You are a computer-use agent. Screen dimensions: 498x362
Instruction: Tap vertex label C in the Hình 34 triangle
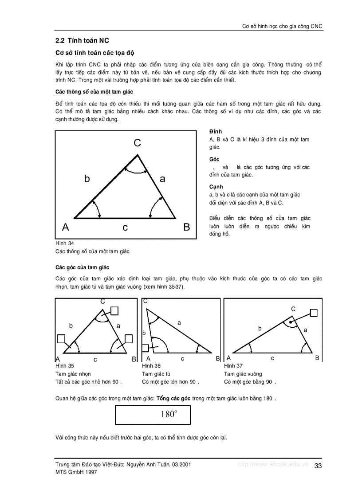click(x=138, y=143)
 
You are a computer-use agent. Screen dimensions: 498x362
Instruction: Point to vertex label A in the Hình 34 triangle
click(x=66, y=227)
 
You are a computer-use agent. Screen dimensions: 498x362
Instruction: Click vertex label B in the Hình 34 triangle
click(x=187, y=227)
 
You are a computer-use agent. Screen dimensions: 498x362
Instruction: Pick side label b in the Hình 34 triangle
click(x=87, y=179)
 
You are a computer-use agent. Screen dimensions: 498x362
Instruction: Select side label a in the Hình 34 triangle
click(x=162, y=179)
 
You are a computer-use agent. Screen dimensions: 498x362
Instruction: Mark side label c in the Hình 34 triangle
click(x=125, y=228)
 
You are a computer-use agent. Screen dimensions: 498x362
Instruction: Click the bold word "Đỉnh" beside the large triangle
click(x=216, y=132)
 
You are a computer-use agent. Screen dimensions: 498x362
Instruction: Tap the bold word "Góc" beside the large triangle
click(x=214, y=159)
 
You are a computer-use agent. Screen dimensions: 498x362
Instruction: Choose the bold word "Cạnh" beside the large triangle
click(x=216, y=187)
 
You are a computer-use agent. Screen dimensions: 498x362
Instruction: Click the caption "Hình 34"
click(x=65, y=243)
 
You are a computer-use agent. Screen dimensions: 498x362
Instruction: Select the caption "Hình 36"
click(x=151, y=366)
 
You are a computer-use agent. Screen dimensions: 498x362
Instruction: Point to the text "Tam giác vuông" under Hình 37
click(x=243, y=374)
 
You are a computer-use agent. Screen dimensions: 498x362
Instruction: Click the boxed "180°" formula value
click(x=169, y=415)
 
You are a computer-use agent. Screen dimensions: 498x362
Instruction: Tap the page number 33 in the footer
click(x=318, y=466)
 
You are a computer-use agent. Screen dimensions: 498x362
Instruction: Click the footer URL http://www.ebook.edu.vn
click(x=273, y=464)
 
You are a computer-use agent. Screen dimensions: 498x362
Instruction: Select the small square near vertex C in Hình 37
click(x=314, y=313)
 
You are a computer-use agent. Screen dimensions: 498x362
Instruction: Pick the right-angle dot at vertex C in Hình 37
click(x=291, y=322)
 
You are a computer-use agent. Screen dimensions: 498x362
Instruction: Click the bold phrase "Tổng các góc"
click(x=173, y=398)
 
